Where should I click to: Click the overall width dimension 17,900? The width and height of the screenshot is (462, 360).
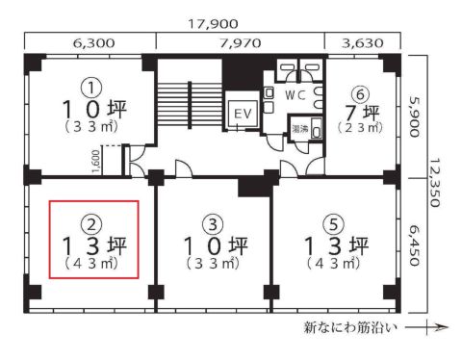point(218,20)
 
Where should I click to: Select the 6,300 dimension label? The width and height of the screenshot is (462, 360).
point(85,42)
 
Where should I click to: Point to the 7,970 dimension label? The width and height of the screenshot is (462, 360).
point(241,42)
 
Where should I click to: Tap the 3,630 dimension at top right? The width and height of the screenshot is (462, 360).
point(361,42)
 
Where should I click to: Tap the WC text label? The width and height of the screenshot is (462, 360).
point(295,95)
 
